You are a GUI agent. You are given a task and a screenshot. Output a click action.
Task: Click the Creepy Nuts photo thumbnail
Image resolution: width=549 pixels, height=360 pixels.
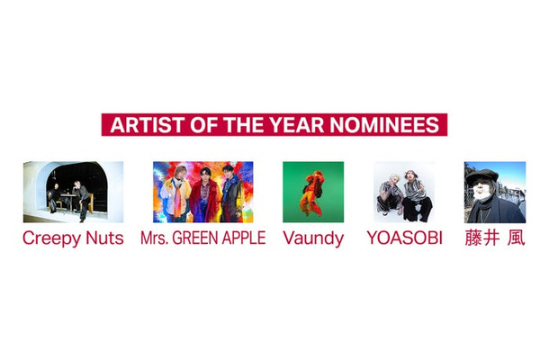pyautogui.click(x=73, y=192)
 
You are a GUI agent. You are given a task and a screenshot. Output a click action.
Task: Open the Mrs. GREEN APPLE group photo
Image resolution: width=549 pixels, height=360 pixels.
pyautogui.click(x=202, y=192)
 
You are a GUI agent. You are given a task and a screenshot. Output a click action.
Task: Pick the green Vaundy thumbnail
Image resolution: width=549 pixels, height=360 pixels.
pyautogui.click(x=313, y=192)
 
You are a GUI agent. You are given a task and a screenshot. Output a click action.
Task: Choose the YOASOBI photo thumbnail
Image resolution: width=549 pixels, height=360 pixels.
pyautogui.click(x=404, y=192)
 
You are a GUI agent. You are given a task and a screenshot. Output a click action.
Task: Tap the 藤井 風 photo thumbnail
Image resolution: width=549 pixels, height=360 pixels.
pyautogui.click(x=494, y=192)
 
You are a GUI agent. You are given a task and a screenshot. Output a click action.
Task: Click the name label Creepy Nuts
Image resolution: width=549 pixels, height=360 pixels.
pyautogui.click(x=73, y=239)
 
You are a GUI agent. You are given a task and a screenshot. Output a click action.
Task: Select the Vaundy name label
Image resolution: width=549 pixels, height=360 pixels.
pyautogui.click(x=313, y=239)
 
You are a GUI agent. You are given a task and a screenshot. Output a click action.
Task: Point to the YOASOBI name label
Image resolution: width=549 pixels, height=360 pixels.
pyautogui.click(x=404, y=239)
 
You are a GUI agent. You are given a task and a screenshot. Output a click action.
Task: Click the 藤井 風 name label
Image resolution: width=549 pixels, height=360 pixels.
pyautogui.click(x=494, y=239)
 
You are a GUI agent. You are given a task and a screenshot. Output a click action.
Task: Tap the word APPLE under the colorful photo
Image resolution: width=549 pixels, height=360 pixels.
pyautogui.click(x=242, y=239)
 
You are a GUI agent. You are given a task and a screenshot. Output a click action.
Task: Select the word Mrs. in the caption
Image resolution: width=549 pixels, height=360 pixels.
pyautogui.click(x=153, y=239)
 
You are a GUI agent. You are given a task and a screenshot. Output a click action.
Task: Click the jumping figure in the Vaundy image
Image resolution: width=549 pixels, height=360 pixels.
pyautogui.click(x=312, y=191)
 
